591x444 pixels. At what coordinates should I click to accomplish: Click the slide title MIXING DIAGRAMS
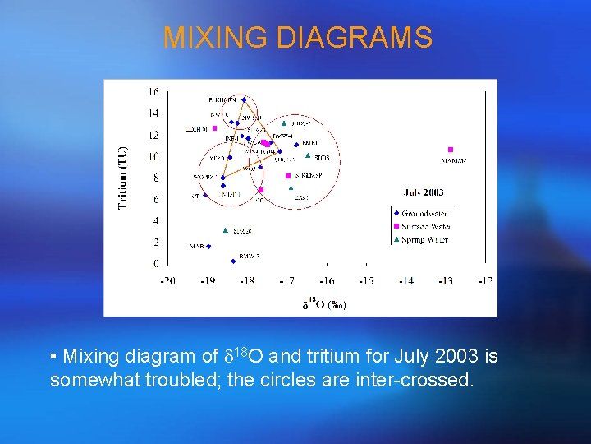point(297,38)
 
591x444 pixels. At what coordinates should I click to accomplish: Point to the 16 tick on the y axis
point(153,91)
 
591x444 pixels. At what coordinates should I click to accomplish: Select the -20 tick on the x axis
point(167,281)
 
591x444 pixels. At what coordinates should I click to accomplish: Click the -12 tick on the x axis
point(485,281)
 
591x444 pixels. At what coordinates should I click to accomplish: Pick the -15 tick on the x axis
point(366,281)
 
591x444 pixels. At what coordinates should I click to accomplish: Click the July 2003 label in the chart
point(424,192)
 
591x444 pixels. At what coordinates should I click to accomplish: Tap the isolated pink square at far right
point(451,150)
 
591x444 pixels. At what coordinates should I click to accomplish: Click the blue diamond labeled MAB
point(208,246)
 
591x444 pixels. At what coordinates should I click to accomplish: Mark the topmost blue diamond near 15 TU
point(244,99)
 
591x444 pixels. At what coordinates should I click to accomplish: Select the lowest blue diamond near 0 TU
point(233,261)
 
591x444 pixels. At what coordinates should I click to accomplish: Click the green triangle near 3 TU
point(226,230)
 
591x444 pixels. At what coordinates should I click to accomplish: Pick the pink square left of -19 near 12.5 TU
point(214,128)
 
